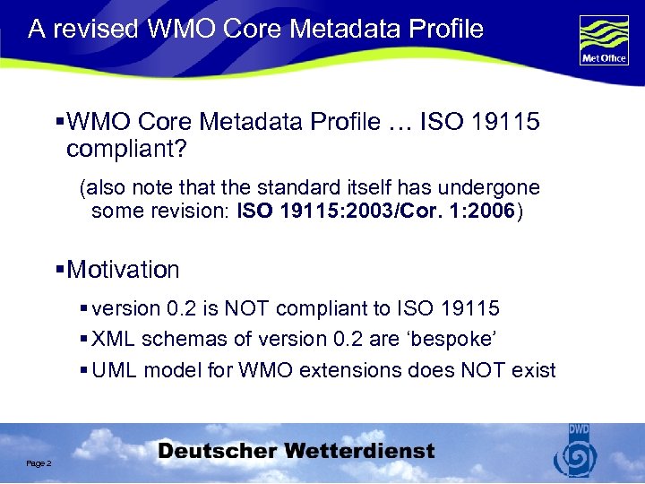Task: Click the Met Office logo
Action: [603, 39]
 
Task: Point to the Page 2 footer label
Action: [39, 463]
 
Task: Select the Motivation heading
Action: [123, 270]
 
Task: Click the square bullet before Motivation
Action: [60, 270]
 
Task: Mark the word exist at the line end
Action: [534, 370]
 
